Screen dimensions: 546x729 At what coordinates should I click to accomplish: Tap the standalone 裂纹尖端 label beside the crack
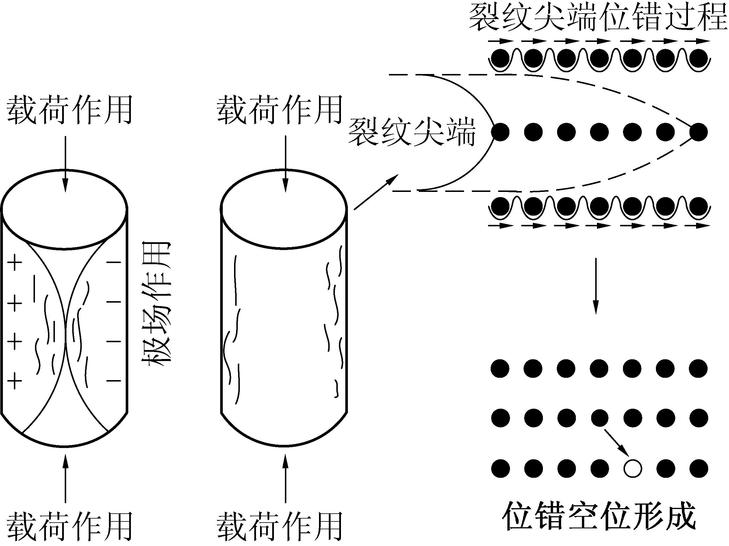click(412, 132)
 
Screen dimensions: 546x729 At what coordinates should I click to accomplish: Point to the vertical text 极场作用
click(156, 303)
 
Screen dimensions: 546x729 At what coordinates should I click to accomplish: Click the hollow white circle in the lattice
click(632, 469)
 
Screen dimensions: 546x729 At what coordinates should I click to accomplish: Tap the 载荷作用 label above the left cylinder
click(69, 110)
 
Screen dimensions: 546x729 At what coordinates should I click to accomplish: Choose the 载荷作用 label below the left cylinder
click(69, 527)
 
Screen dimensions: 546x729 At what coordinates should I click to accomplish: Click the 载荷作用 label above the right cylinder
click(279, 110)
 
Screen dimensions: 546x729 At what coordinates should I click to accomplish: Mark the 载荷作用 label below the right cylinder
click(279, 527)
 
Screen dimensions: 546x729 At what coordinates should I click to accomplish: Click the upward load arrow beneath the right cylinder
click(285, 478)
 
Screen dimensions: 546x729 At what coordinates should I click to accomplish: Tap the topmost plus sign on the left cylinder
click(15, 263)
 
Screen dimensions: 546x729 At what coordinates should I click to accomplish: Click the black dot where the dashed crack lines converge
click(698, 132)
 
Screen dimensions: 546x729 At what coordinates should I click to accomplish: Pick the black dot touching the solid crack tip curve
click(500, 132)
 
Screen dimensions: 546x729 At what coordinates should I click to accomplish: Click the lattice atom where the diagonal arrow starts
click(600, 418)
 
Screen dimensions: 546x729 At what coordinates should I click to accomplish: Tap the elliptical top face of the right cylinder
click(283, 209)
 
